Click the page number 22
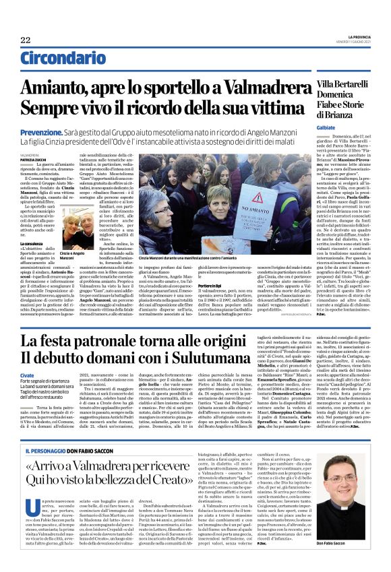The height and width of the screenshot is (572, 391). coord(26,40)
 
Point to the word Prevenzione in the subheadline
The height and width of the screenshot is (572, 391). coord(59,133)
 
